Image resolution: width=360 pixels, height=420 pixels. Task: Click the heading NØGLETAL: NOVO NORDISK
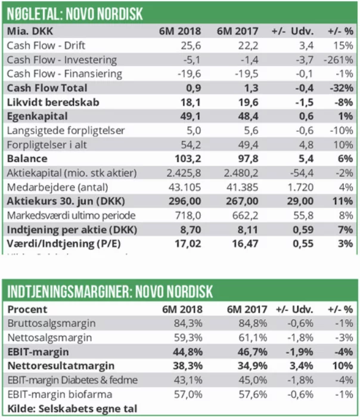pyautogui.click(x=75, y=13)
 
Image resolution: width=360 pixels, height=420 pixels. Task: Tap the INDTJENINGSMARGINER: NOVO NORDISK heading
pyautogui.click(x=110, y=292)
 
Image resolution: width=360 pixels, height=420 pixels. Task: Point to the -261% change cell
pyautogui.click(x=339, y=59)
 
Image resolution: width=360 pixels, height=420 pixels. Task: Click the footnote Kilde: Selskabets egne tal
pyautogui.click(x=72, y=409)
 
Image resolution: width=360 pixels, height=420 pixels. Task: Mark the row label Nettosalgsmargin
pyautogui.click(x=49, y=338)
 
